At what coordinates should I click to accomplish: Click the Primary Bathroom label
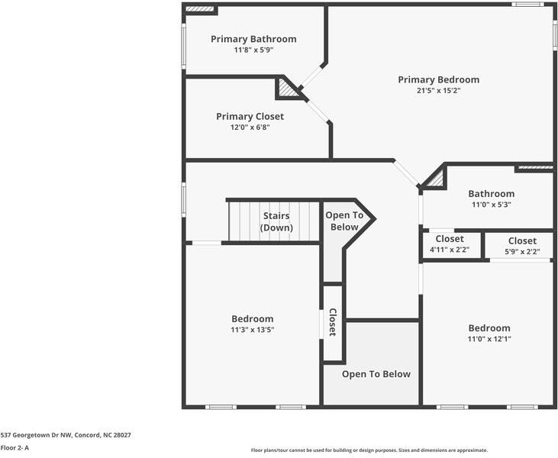(253, 39)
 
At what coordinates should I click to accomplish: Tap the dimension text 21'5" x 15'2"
(438, 90)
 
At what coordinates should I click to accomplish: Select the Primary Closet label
(250, 116)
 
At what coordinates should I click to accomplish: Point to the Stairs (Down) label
(276, 221)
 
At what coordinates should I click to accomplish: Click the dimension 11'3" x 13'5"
(253, 330)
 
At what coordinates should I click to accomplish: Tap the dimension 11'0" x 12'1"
(489, 339)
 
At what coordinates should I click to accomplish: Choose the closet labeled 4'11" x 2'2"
(450, 244)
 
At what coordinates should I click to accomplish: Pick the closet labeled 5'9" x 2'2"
(522, 246)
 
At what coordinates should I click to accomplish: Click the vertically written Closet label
(332, 322)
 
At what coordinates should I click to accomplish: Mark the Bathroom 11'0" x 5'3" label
(492, 198)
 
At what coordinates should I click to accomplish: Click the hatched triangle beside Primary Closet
(287, 88)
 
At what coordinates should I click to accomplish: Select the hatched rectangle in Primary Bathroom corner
(200, 8)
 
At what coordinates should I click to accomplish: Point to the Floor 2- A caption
(15, 447)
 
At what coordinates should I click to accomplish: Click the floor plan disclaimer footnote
(369, 450)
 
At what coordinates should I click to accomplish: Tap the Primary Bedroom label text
(438, 79)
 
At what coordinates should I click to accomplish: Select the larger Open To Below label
(376, 374)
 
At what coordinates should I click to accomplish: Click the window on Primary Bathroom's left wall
(184, 47)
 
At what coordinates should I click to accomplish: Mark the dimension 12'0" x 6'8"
(250, 127)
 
